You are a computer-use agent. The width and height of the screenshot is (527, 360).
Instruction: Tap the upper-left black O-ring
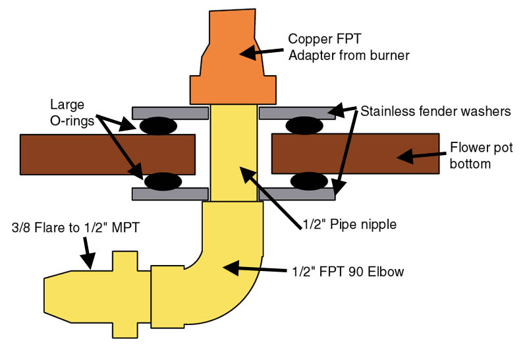pyautogui.click(x=156, y=125)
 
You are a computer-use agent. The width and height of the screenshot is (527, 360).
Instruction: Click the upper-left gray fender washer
pyautogui.click(x=171, y=112)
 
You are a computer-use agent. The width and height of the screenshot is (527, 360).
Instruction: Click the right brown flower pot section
pyautogui.click(x=356, y=154)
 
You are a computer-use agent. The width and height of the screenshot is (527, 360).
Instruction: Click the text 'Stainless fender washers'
pyautogui.click(x=435, y=111)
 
